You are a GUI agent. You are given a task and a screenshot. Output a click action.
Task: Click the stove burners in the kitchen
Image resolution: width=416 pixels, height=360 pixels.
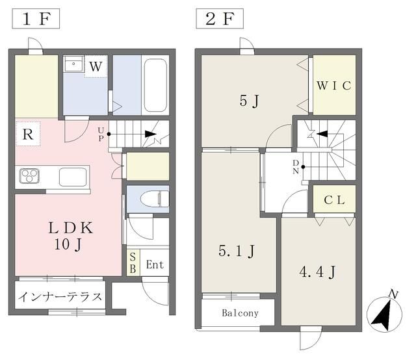coord(30,175)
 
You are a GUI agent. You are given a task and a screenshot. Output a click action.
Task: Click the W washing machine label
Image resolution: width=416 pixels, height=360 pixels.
coord(95,66)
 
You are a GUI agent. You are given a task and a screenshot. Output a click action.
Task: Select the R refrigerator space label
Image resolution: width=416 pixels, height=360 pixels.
coord(27,135)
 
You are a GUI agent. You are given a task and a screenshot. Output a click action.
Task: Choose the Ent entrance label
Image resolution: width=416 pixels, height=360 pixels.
coord(155,264)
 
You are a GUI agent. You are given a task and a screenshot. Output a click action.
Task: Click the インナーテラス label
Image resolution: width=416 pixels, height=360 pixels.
coord(59,297)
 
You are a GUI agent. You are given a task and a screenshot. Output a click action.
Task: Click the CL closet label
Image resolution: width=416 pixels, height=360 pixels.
coord(334,199)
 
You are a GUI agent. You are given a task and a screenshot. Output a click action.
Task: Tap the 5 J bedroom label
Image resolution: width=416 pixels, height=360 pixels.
coord(249,102)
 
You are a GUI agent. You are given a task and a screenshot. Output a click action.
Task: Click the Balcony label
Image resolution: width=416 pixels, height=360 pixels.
coord(240,313)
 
